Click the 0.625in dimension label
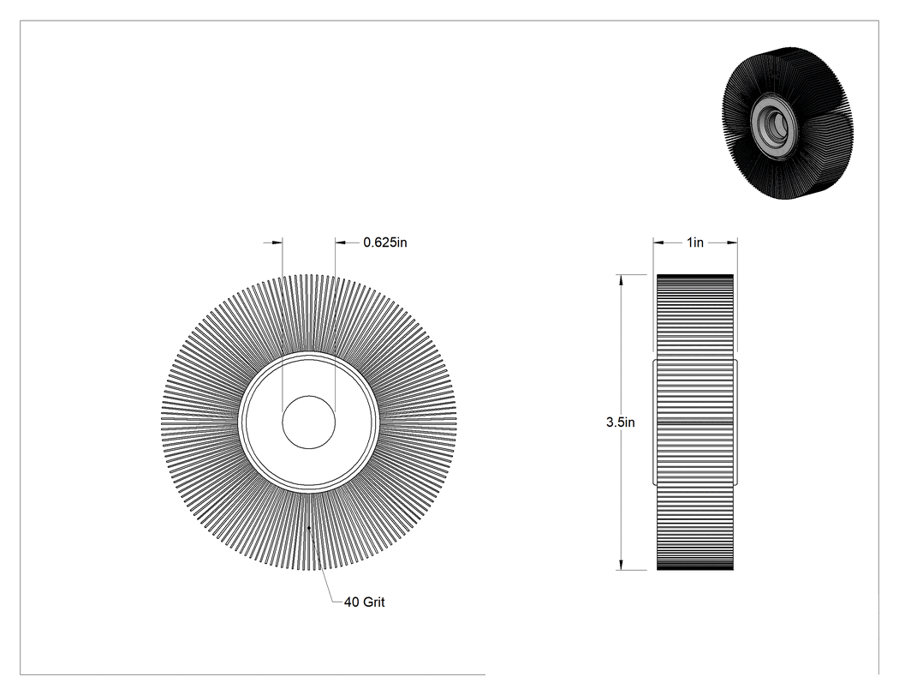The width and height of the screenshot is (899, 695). click(385, 243)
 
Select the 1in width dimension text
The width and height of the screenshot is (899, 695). click(695, 243)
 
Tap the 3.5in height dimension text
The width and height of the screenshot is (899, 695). click(621, 422)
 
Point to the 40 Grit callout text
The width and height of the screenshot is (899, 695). click(365, 602)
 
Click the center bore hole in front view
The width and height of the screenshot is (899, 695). click(309, 422)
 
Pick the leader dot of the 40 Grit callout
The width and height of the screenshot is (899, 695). click(309, 527)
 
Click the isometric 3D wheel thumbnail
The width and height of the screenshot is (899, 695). click(787, 123)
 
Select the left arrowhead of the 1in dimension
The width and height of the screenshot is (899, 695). click(658, 243)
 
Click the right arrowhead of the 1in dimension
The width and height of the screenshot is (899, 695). click(732, 243)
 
